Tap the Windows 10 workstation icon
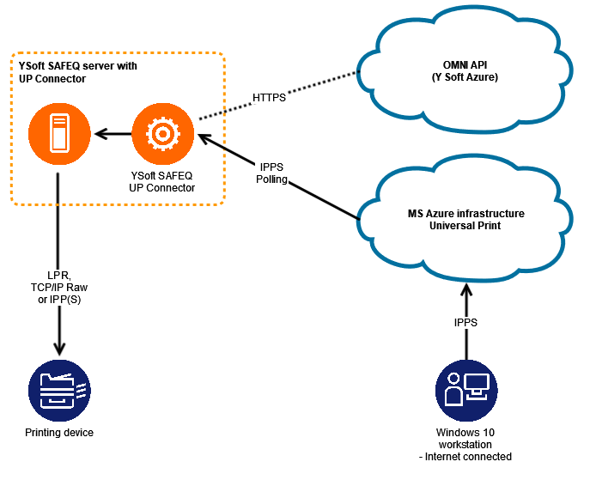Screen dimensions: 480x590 tap(466, 390)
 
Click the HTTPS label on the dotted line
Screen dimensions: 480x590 tap(269, 98)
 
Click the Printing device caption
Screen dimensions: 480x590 tap(58, 433)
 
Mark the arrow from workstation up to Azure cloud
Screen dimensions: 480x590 tap(466, 318)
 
